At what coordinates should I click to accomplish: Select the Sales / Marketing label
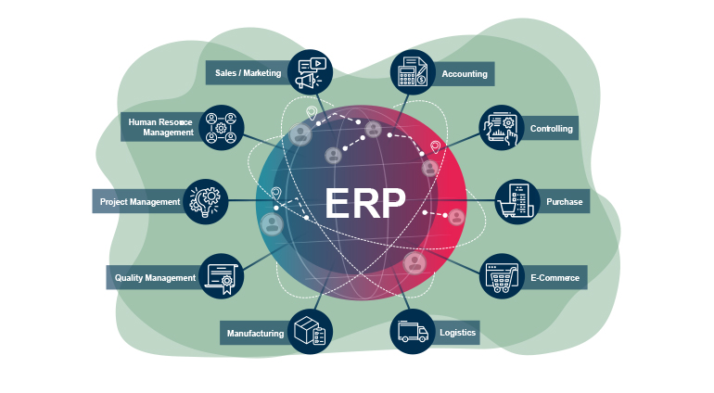[x=248, y=73]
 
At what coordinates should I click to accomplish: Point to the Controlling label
[x=551, y=129]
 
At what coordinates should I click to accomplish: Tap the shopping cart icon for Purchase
[x=516, y=201]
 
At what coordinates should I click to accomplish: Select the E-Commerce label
[x=555, y=277]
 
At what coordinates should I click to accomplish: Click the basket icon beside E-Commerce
[x=502, y=276]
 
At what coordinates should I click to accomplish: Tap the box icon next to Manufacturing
[x=309, y=331]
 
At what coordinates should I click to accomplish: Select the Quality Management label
[x=155, y=277]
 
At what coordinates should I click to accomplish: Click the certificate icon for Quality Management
[x=221, y=276]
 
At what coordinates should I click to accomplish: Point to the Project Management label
[x=140, y=201]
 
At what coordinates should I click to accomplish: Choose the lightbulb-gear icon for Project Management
[x=205, y=201]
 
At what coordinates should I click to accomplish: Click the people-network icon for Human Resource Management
[x=221, y=128]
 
